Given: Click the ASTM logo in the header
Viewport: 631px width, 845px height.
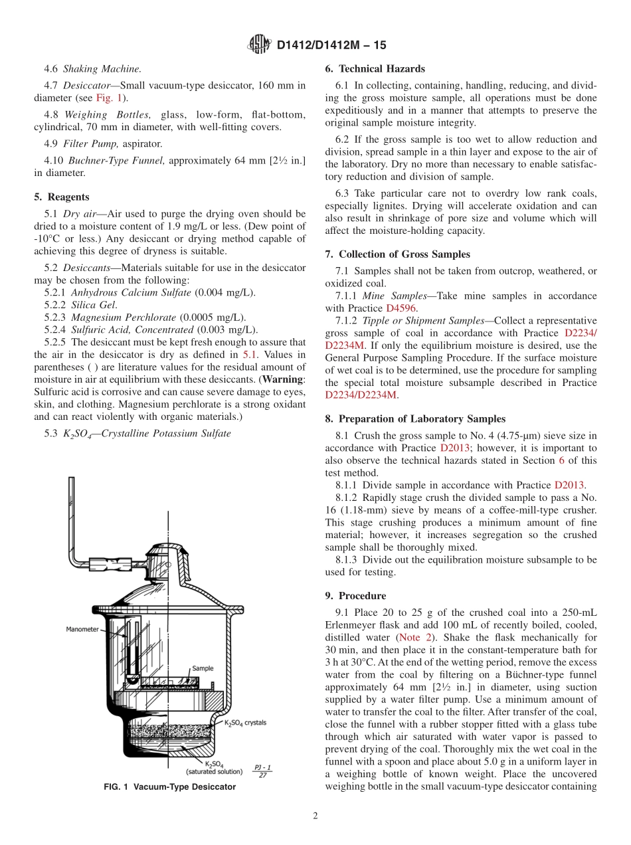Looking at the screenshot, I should [259, 45].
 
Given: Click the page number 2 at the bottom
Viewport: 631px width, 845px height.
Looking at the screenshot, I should [315, 816].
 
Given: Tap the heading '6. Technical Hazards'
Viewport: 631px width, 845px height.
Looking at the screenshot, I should [375, 68].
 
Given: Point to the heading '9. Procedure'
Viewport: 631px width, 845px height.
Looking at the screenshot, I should [355, 595].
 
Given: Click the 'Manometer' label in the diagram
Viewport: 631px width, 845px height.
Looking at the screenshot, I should [82, 628].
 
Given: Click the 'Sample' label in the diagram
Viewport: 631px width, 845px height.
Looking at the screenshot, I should [203, 668].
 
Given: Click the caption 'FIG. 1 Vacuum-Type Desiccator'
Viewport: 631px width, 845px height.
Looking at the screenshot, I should [169, 787].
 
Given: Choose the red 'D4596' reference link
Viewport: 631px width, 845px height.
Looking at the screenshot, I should [399, 308].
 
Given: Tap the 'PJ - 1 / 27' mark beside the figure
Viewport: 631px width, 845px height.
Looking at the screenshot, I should [262, 771].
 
